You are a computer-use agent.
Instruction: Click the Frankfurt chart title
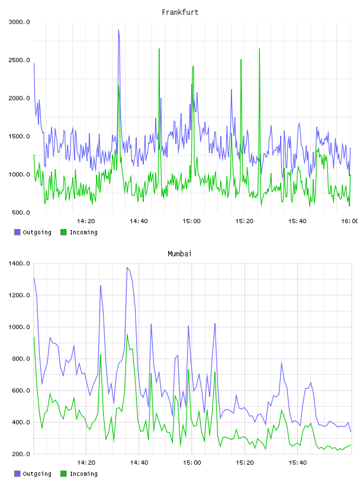pos(180,12)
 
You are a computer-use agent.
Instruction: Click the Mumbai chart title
pos(179,254)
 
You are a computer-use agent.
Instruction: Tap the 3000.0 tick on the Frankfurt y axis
pos(19,22)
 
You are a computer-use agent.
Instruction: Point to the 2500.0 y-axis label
pos(19,60)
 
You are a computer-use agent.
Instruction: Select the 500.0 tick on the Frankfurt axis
pos(21,212)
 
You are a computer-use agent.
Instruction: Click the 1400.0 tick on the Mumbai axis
pos(19,263)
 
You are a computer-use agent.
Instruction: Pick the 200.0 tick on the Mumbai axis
pos(21,454)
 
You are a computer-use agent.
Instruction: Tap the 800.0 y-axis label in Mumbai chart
pos(21,359)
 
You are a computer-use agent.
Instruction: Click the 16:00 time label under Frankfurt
pos(350,221)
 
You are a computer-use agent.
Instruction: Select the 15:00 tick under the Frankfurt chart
pos(191,221)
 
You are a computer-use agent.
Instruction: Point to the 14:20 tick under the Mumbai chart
pos(86,463)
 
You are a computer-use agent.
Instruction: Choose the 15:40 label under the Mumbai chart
pos(297,463)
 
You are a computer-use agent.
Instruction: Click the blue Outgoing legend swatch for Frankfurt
pos(17,232)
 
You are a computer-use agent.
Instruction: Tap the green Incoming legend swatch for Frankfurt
pos(63,232)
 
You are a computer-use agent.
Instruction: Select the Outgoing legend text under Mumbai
pos(37,474)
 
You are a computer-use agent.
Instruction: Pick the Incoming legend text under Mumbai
pos(83,474)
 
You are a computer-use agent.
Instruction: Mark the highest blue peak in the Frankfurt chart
pos(118,30)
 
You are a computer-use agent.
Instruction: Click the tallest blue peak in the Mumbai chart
pos(127,268)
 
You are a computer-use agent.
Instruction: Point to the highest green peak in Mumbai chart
pos(127,334)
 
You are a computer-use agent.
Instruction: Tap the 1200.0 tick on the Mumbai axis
pos(19,295)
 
